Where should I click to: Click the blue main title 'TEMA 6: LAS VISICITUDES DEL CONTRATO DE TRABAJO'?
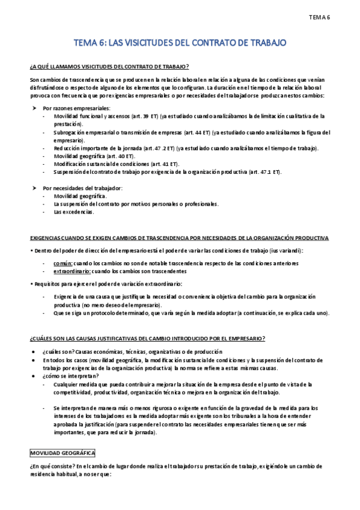click(180, 43)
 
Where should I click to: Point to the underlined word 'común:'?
click(63, 263)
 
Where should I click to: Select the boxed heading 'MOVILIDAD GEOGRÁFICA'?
click(62, 453)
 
